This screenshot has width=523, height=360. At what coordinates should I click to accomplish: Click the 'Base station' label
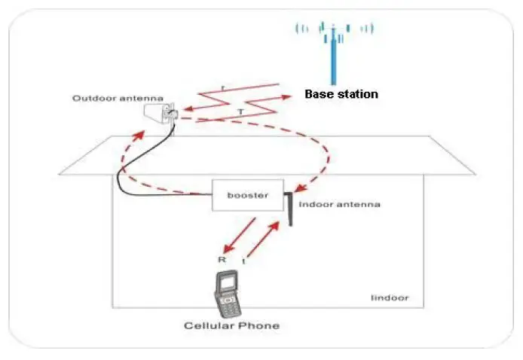click(x=341, y=94)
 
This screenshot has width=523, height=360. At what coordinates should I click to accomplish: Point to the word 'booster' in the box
click(x=248, y=195)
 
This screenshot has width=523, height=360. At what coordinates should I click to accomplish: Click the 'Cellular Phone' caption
click(x=231, y=326)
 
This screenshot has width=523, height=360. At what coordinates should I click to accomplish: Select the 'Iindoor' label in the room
click(x=390, y=297)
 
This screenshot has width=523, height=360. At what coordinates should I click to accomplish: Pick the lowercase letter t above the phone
click(x=243, y=261)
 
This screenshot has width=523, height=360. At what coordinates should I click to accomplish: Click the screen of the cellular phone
click(x=225, y=285)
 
